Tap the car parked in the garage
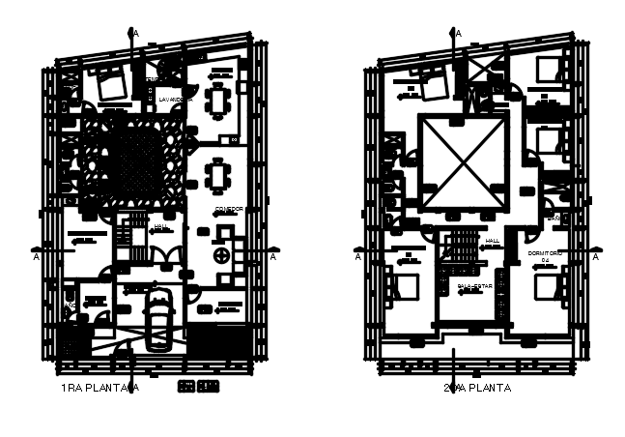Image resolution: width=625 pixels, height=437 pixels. pos(157,318)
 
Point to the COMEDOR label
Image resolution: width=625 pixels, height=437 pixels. pos(229,209)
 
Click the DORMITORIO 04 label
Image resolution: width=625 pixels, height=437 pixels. pos(545,255)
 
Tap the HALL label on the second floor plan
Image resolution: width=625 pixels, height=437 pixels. pos(493,240)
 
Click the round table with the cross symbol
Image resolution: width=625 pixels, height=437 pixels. pos(223,256)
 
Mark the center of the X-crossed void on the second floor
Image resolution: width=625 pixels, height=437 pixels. pos(463,160)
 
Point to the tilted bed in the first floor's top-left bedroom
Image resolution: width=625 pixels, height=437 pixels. pos(110,85)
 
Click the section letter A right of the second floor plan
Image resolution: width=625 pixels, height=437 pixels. pos(595,257)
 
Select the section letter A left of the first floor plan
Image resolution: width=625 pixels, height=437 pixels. pos(37,257)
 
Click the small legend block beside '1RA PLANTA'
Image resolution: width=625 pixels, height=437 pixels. pos(199,387)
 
